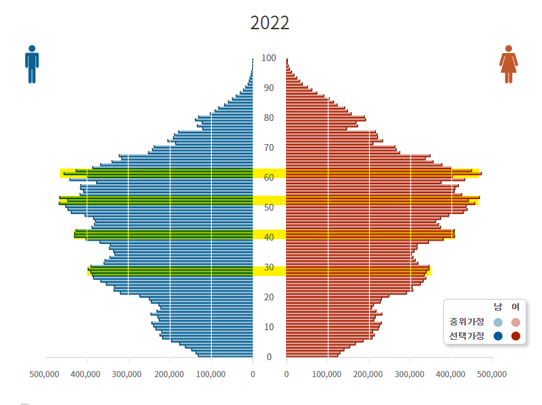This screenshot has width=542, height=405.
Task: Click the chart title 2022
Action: (x=270, y=22)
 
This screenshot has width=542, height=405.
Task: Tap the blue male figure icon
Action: (x=32, y=65)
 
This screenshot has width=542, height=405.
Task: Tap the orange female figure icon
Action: (x=509, y=65)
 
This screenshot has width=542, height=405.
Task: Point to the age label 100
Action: (x=269, y=58)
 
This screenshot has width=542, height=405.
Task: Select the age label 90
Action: (x=269, y=88)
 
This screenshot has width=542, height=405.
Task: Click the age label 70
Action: (x=269, y=148)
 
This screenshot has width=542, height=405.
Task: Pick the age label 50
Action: (x=269, y=208)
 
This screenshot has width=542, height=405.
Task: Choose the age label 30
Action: (x=269, y=268)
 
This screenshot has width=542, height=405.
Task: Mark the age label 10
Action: (x=269, y=328)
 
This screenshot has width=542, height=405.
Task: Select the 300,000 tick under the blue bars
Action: (x=127, y=374)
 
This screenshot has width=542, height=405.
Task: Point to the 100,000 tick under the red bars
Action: (x=328, y=374)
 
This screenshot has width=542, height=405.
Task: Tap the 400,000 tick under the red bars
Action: (x=451, y=374)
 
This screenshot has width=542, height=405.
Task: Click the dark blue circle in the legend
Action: (x=498, y=336)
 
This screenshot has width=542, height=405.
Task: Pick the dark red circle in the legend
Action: (x=515, y=336)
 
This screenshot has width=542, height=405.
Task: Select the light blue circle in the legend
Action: (x=498, y=322)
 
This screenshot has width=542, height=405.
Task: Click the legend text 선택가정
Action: (x=466, y=336)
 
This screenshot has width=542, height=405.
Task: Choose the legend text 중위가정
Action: (x=466, y=322)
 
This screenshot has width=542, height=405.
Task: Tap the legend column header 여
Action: (x=515, y=308)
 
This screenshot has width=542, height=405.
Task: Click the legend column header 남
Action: (x=498, y=308)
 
